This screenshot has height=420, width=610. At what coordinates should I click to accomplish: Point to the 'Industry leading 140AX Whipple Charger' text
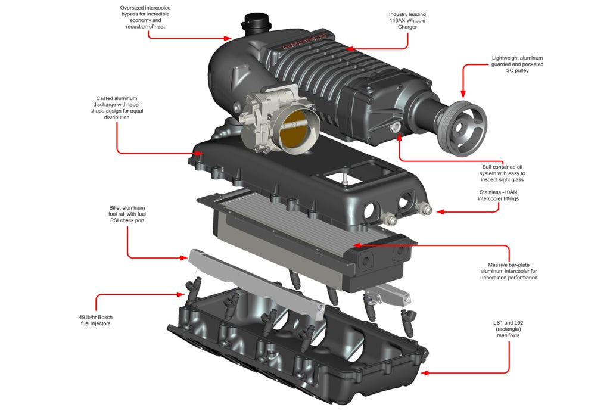(x=407, y=20)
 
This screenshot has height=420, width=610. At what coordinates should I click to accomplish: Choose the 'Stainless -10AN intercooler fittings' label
(x=499, y=195)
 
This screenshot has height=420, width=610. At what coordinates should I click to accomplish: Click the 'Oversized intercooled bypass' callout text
(x=145, y=17)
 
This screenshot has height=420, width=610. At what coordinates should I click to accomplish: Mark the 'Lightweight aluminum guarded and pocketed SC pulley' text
(x=518, y=64)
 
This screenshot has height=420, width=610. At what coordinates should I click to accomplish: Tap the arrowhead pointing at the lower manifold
(x=424, y=373)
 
